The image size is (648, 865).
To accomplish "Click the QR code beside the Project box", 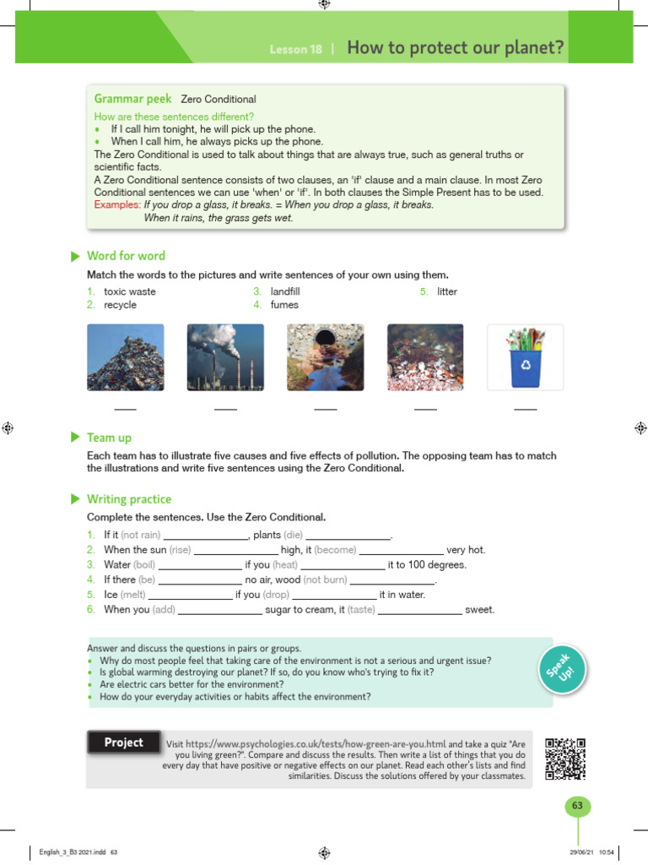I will click(564, 758).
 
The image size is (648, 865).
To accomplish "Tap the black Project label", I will click(124, 743).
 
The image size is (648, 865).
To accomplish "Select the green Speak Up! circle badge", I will click(561, 672).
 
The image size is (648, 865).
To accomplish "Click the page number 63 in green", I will click(577, 806).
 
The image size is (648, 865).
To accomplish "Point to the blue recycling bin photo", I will click(525, 357).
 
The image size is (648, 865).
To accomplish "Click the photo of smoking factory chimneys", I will click(225, 357).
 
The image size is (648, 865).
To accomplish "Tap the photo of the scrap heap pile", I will click(125, 357).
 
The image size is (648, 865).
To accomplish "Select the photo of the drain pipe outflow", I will click(325, 357).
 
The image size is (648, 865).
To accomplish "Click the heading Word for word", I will click(126, 256).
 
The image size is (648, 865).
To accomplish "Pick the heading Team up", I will click(109, 438).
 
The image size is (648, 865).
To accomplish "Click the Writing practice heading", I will click(128, 499).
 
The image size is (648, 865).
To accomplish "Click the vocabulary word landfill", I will click(285, 291).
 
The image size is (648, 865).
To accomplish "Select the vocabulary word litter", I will click(447, 291).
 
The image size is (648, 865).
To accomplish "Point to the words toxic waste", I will click(129, 291).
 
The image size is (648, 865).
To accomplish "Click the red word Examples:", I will click(117, 204).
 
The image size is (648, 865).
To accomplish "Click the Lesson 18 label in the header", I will click(295, 50).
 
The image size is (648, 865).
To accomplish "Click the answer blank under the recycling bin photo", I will click(525, 408).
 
